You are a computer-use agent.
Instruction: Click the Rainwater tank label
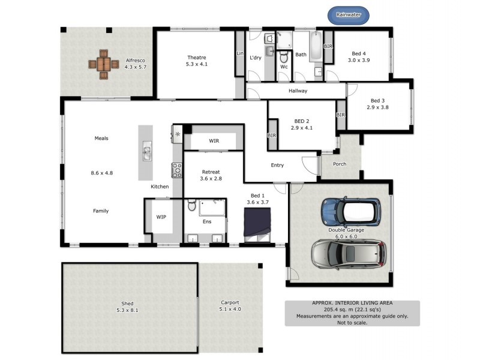349,14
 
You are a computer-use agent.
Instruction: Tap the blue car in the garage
351,211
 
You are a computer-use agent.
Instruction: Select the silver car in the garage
348,254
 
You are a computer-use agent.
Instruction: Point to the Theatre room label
196,58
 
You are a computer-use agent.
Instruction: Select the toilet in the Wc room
284,56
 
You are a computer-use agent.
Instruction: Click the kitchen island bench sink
146,153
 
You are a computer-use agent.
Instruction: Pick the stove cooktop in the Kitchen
177,170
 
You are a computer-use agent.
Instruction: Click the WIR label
214,141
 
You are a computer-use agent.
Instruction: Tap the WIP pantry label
161,217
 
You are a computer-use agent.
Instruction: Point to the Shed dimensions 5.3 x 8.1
127,310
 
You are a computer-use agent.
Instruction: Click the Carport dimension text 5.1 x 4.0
229,309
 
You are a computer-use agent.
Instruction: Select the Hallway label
298,91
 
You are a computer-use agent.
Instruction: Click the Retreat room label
211,172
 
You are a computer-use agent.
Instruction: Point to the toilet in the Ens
192,206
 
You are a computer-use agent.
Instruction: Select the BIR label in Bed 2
272,136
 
